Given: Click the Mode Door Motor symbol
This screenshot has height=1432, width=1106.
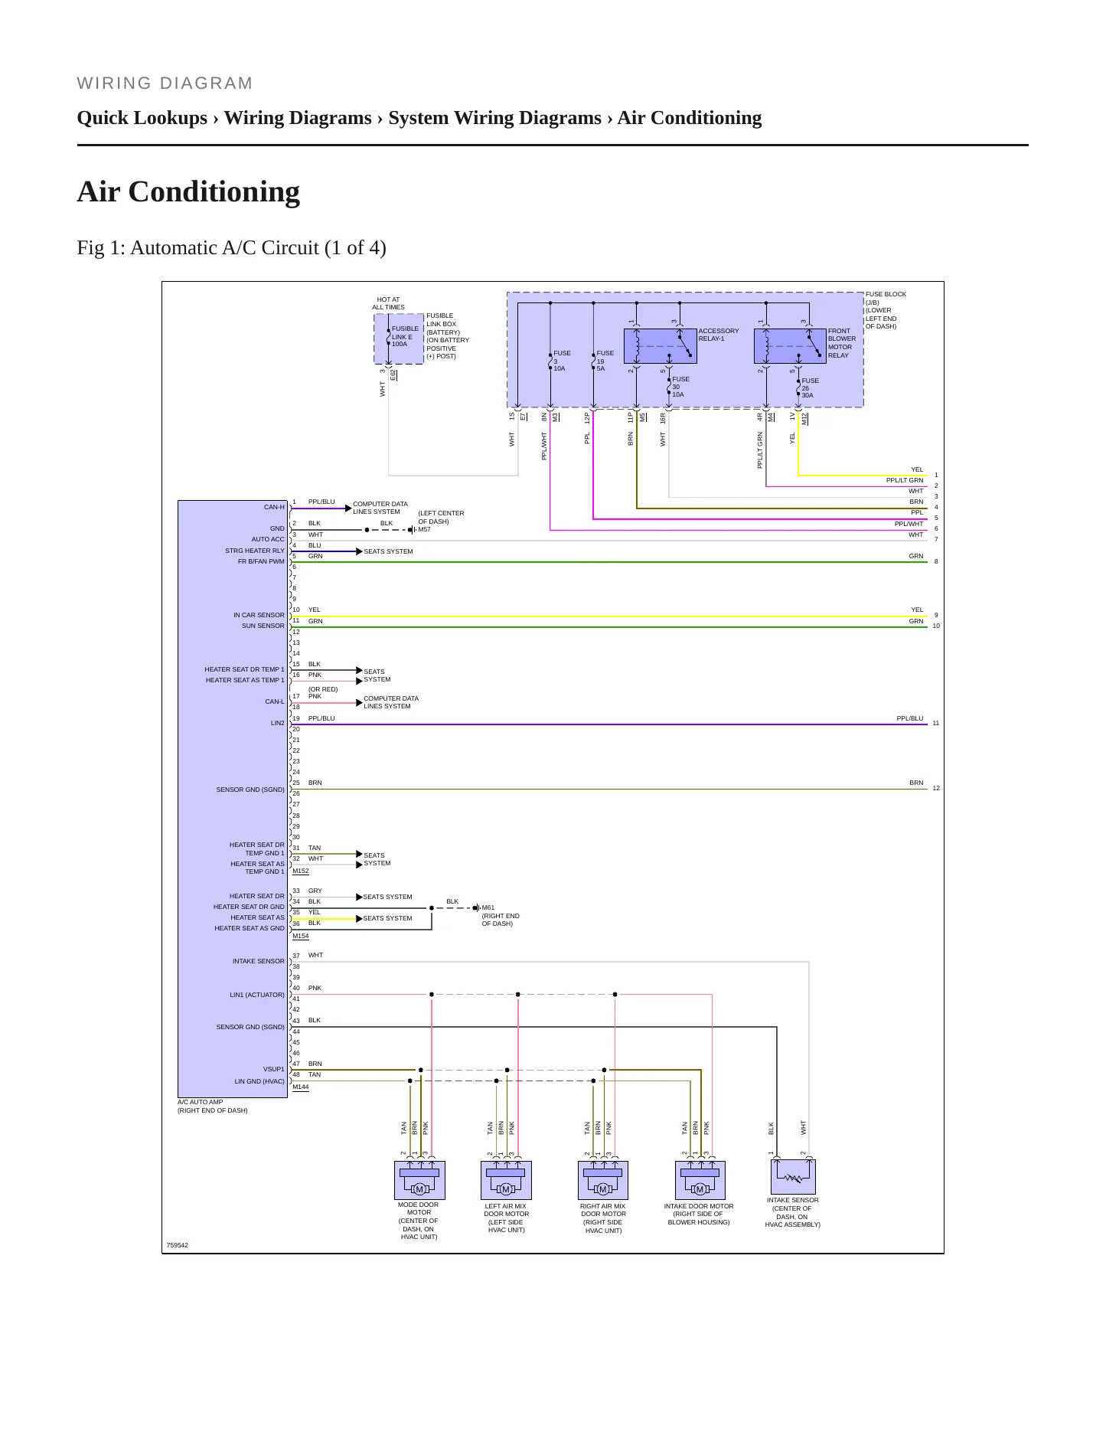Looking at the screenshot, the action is pyautogui.click(x=419, y=1180).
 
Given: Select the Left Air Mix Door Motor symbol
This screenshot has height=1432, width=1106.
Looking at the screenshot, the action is pyautogui.click(x=506, y=1180).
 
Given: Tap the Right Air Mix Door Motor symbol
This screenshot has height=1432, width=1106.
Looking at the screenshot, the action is pyautogui.click(x=603, y=1180).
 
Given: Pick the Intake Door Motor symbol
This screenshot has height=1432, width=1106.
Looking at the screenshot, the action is pyautogui.click(x=700, y=1180).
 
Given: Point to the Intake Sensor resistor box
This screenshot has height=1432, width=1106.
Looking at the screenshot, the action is pyautogui.click(x=793, y=1177).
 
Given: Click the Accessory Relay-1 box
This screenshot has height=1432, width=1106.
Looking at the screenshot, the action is pyautogui.click(x=661, y=346).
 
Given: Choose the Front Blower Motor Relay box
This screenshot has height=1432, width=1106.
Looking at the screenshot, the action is pyautogui.click(x=791, y=346).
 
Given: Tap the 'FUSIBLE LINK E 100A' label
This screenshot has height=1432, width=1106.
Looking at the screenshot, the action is pyautogui.click(x=405, y=336).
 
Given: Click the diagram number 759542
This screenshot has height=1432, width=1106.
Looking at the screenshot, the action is pyautogui.click(x=178, y=1245).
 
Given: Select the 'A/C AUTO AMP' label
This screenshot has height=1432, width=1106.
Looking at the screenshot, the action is pyautogui.click(x=201, y=1102).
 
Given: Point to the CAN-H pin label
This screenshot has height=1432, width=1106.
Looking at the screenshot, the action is pyautogui.click(x=274, y=507).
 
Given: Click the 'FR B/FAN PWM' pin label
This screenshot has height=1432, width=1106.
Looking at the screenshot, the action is pyautogui.click(x=261, y=561).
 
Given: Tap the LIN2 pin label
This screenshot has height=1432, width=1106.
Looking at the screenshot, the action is pyautogui.click(x=277, y=723).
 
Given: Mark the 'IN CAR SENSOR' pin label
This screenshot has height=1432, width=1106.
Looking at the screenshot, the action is pyautogui.click(x=259, y=615).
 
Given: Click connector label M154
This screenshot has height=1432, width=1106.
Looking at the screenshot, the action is pyautogui.click(x=301, y=936).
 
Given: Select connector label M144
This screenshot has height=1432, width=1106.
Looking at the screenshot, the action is pyautogui.click(x=301, y=1087).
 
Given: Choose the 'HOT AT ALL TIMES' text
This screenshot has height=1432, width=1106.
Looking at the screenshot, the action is pyautogui.click(x=388, y=303).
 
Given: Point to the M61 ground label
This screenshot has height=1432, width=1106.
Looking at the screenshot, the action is pyautogui.click(x=488, y=907).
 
